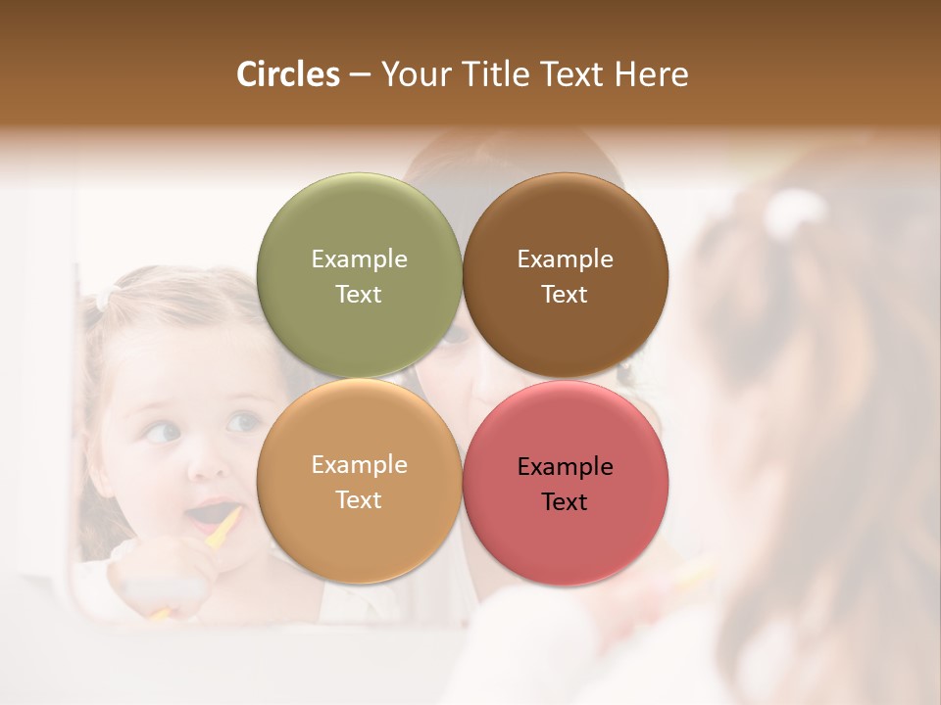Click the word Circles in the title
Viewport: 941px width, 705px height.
pos(287,74)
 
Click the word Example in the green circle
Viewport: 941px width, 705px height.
pos(359,259)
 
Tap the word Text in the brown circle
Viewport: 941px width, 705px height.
pos(565,295)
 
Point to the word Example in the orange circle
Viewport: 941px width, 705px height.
pos(359,465)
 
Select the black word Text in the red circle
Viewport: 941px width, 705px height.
pos(565,502)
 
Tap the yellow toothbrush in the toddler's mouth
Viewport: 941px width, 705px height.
pos(224,528)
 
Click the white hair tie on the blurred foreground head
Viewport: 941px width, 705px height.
pos(795,211)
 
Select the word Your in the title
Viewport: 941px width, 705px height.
pos(413,74)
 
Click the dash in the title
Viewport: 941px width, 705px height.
pos(360,75)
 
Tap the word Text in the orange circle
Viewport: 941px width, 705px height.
pos(359,500)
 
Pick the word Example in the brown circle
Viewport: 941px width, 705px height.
pos(565,259)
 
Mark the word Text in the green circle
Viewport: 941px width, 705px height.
pos(359,295)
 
